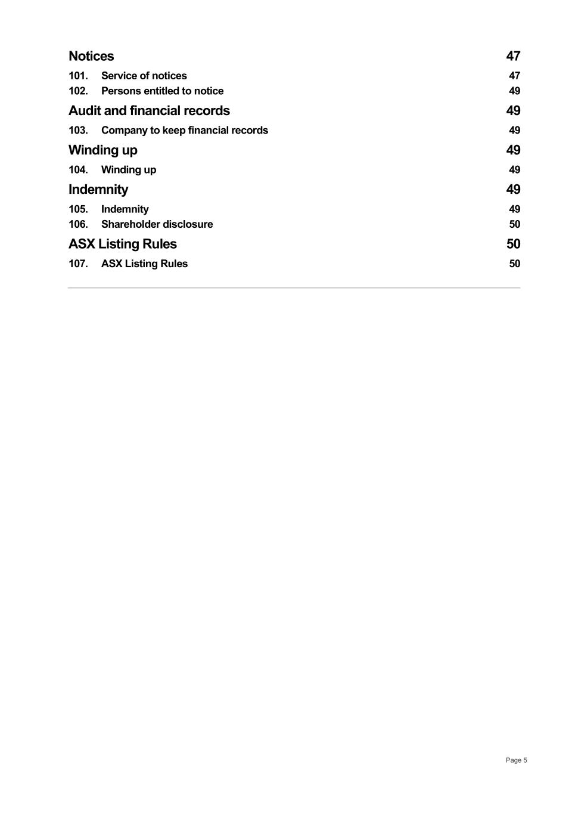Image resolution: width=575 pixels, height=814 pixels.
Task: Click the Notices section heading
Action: coord(91,56)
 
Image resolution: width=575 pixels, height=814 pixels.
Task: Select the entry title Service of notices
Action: coord(144,76)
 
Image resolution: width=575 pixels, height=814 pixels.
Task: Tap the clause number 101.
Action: coord(78,76)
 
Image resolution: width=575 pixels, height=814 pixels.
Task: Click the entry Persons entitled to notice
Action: coord(162,91)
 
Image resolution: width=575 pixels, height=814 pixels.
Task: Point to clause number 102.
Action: coord(78,91)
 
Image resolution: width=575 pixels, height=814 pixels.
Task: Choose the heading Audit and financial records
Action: coord(149,111)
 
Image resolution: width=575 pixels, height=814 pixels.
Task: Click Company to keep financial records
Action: coord(184,131)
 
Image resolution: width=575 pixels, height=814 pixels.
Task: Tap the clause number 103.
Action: coord(78,131)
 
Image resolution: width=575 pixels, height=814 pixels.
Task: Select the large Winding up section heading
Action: coord(102,150)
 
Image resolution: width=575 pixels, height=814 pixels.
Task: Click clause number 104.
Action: coord(78,170)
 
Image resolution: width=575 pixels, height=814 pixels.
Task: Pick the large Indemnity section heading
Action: coord(98,190)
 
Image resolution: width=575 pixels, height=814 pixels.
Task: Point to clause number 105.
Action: coord(78,209)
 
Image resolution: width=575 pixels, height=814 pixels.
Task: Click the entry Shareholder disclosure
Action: coord(157,224)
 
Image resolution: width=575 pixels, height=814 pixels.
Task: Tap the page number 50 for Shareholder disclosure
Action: coord(514,224)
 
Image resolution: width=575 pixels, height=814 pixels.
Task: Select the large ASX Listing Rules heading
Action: coord(123,244)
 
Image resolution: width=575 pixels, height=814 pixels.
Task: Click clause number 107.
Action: coord(78,264)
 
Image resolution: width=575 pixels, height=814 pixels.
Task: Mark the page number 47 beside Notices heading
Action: coord(513,56)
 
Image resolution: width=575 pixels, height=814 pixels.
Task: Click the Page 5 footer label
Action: coord(516,760)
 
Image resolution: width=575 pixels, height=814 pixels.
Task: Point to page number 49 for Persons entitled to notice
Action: coord(514,91)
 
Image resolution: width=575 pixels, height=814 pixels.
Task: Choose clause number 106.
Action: coord(78,224)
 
